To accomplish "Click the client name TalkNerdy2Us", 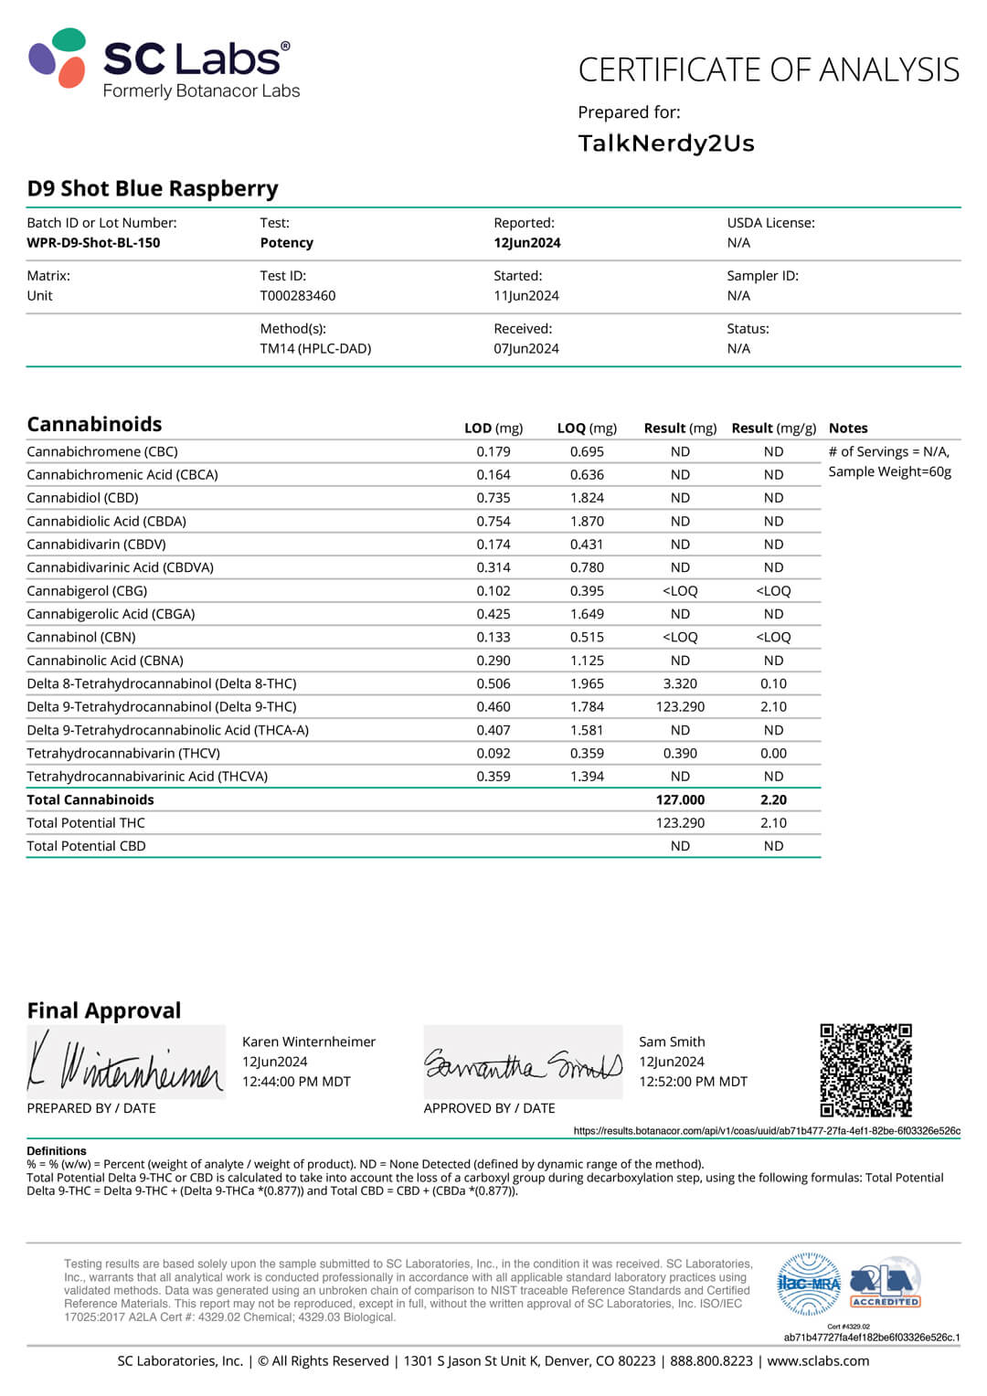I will [666, 143].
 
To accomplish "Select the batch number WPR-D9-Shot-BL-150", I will [93, 243].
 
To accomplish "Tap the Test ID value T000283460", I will [298, 296].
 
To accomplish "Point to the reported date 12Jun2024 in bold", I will [527, 243].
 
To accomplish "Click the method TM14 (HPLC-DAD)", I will [315, 349].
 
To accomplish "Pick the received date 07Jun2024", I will [526, 349].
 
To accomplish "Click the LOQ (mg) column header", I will [587, 428].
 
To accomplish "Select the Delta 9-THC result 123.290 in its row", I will [680, 707].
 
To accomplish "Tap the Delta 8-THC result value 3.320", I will [680, 684].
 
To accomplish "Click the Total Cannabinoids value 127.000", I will [680, 800].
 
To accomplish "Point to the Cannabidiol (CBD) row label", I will [83, 498].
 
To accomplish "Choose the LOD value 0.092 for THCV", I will [493, 754].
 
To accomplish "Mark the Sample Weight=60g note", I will [889, 472].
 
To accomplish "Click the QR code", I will [865, 1070].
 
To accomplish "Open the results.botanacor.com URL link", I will [767, 1131].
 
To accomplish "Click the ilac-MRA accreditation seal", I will [808, 1284].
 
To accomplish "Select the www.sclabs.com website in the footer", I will [818, 1361].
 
